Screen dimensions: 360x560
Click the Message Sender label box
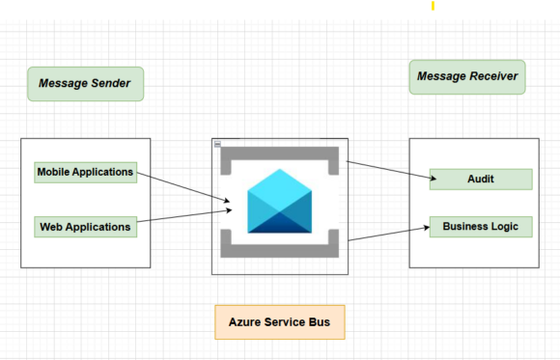85,84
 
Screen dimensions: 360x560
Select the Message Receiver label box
467,76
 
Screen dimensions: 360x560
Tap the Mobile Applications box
85,173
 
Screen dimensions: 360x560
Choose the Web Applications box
85,227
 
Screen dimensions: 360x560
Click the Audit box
481,180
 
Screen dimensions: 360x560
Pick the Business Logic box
481,227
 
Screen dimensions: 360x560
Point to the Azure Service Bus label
279,321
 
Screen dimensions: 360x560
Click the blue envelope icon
279,202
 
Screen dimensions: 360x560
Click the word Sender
109,84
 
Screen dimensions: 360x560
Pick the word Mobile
57,173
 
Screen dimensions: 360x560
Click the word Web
52,227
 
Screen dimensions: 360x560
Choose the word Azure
246,321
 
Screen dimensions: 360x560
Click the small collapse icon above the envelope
217,144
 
